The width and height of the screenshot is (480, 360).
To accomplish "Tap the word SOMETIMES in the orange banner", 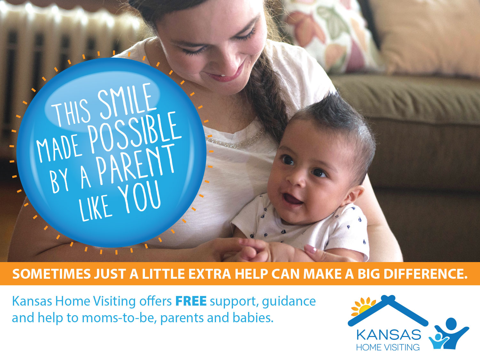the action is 52,274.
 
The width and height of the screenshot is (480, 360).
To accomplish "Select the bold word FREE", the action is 191,301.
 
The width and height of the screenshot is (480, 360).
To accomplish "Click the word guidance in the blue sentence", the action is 289,302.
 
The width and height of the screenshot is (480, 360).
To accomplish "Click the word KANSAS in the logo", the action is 388,335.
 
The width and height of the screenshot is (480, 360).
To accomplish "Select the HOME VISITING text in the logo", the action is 388,347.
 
